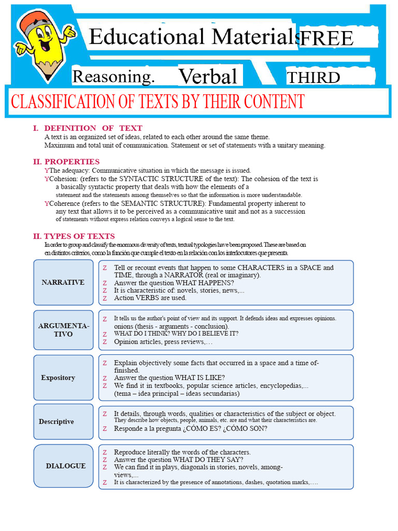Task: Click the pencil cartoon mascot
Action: coord(44,44)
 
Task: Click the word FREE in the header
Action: coord(326,38)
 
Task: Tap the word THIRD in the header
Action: coord(314,78)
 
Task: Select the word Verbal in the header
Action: coord(208,77)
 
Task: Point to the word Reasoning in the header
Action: coord(113,77)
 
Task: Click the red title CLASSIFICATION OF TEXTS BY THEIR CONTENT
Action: coord(158,102)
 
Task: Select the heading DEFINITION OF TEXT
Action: coord(93,128)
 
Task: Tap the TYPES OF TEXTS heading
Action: coord(79,236)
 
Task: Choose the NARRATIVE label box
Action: coord(63,282)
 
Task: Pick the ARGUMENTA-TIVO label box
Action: coord(63,330)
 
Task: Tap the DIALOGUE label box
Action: coord(65,466)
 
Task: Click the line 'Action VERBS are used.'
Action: coord(150,298)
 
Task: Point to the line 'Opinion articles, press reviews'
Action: coord(163,342)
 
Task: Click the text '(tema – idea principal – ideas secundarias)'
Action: coord(177,394)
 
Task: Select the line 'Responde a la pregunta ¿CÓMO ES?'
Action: coord(190,429)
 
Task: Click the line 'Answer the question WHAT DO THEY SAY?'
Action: coord(178,459)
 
